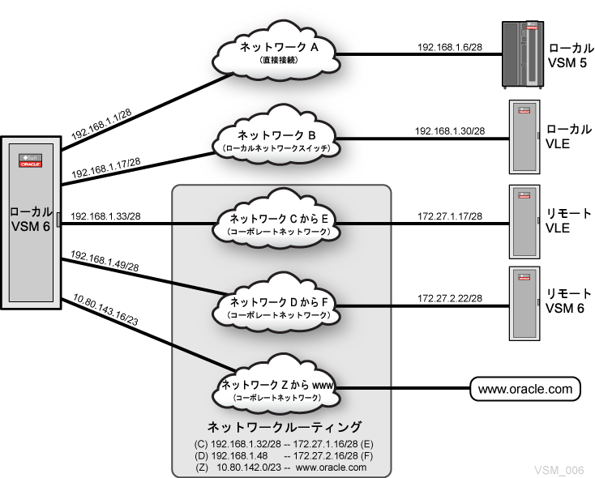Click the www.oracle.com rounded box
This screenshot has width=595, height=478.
click(525, 389)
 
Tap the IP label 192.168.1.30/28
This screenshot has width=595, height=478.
click(449, 130)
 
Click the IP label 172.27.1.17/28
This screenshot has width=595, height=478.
click(449, 216)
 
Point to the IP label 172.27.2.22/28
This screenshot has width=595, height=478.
click(449, 299)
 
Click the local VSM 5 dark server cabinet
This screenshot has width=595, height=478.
click(521, 54)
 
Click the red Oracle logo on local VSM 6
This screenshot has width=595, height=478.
click(30, 160)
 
